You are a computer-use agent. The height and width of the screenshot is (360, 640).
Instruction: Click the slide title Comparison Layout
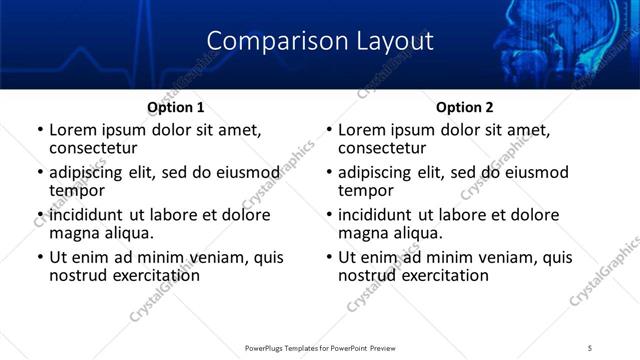(320, 41)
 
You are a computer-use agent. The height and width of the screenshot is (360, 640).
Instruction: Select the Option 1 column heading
(175, 107)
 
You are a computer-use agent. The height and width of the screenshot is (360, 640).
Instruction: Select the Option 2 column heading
(464, 107)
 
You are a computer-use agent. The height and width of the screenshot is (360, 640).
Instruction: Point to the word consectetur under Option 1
(92, 149)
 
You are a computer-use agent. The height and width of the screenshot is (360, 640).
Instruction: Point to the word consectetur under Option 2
(381, 149)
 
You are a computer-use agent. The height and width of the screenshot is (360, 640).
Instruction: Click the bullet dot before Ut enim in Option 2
(329, 257)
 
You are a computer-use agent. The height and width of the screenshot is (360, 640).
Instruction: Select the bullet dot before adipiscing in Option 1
(40, 172)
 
